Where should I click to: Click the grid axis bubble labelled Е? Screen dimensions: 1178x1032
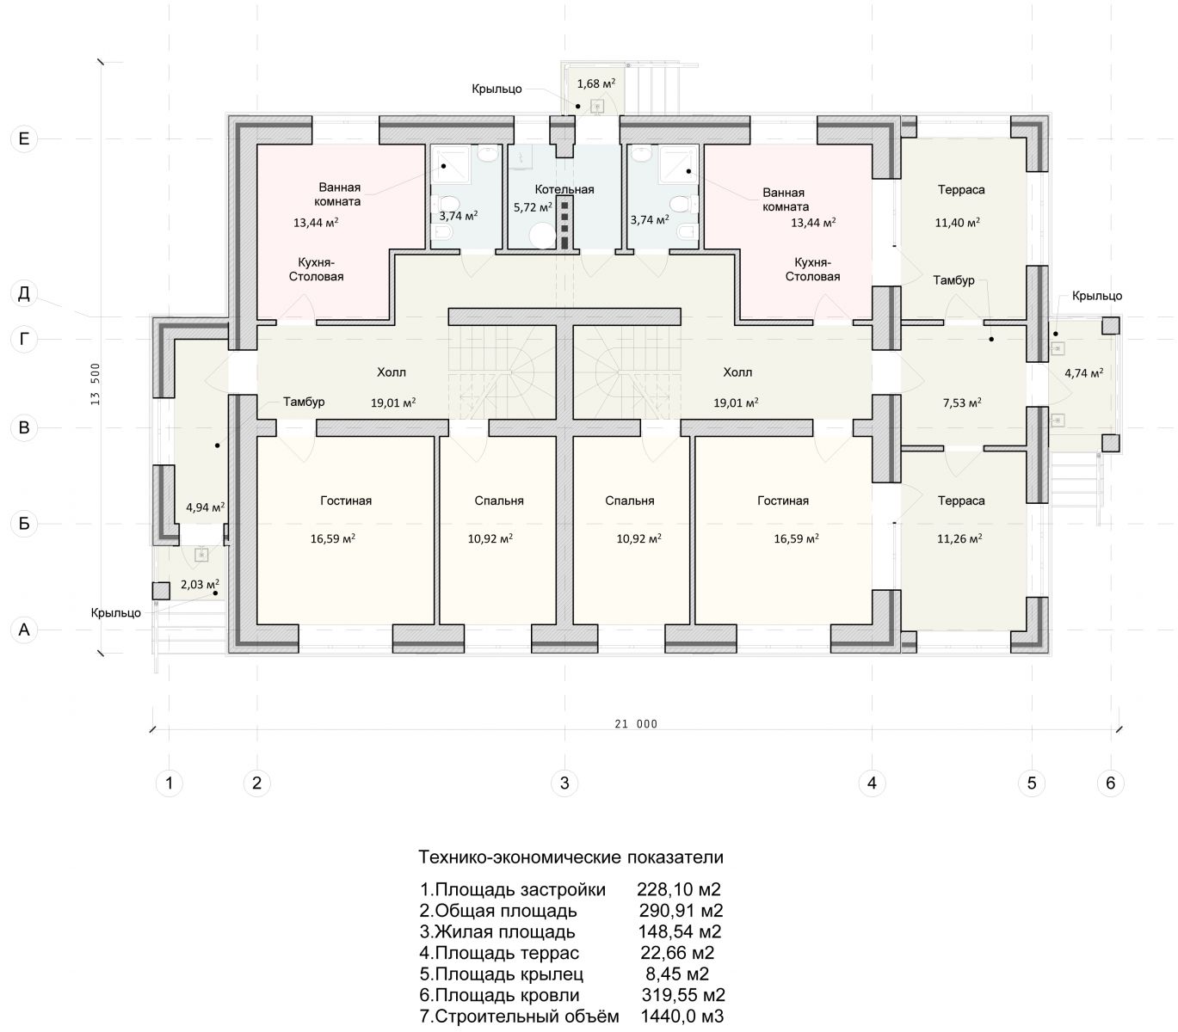pos(24,138)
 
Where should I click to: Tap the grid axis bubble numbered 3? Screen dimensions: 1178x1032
pos(564,783)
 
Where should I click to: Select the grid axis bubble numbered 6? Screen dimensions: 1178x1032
pos(1110,783)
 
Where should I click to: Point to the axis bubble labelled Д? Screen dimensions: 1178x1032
pos(24,293)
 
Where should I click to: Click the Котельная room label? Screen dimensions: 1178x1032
pos(564,189)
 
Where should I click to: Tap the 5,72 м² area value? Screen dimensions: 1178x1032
pos(533,207)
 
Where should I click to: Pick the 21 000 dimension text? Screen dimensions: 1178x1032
pos(636,724)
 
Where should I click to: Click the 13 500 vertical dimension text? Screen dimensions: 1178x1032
pos(96,384)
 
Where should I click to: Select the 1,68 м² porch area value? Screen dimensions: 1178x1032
pos(596,83)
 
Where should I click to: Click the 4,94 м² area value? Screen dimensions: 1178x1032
pos(206,507)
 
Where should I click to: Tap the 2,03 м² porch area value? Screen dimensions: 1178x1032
pos(200,584)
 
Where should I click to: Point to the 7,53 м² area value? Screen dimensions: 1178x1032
pos(962,402)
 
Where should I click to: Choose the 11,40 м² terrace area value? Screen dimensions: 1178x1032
pos(957,222)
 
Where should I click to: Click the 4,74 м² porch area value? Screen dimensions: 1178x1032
pos(1084,373)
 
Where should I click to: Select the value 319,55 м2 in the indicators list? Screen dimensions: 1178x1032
pos(683,995)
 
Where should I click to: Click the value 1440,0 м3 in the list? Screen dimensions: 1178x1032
pos(682,1017)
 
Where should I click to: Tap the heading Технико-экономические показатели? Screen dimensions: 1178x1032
pos(571,857)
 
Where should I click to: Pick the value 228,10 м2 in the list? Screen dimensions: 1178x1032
pos(679,889)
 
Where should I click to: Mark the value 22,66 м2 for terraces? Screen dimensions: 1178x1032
pos(677,952)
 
